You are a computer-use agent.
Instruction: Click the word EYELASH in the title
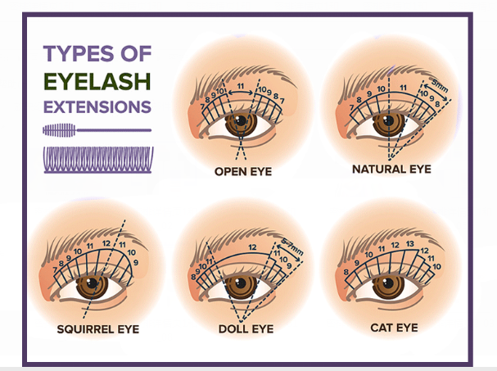97,81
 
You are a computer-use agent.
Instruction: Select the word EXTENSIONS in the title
97,106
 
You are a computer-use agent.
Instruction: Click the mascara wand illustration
96,130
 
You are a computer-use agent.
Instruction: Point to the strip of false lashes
97,160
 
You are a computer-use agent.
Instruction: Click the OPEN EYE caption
243,172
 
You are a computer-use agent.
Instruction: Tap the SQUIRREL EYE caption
98,329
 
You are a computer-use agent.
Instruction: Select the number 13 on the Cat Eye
409,245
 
